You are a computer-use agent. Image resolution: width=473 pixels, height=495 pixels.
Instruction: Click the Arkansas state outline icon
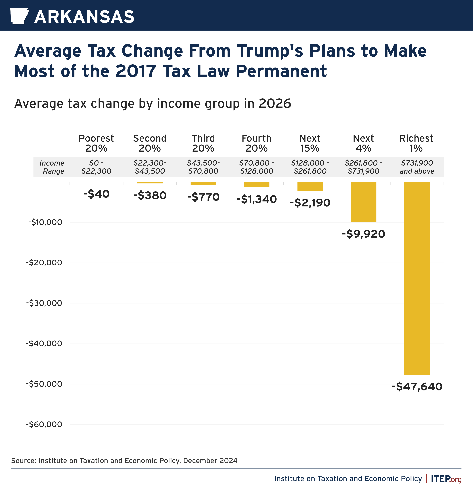pyautogui.click(x=19, y=16)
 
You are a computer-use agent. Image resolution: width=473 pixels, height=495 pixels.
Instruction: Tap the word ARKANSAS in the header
pyautogui.click(x=84, y=17)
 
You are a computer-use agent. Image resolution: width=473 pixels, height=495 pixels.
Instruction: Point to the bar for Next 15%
pyautogui.click(x=310, y=186)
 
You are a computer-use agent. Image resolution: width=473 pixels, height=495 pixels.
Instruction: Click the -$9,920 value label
pyautogui.click(x=363, y=234)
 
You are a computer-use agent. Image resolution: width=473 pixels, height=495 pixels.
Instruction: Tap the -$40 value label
pyautogui.click(x=96, y=194)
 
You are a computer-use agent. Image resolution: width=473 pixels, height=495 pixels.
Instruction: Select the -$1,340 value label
pyautogui.click(x=256, y=199)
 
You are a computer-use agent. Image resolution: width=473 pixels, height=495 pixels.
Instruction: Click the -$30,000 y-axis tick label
pyautogui.click(x=44, y=303)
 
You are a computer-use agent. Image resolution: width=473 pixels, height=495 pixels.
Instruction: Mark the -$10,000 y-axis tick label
pyautogui.click(x=45, y=222)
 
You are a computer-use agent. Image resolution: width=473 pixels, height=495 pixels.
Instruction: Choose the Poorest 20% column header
pyautogui.click(x=96, y=143)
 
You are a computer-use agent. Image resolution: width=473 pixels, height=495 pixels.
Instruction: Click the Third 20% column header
pyautogui.click(x=203, y=143)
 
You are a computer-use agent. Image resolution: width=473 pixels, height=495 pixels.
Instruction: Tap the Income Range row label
pyautogui.click(x=52, y=167)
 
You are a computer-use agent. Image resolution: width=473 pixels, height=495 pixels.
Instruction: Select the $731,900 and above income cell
pyautogui.click(x=417, y=167)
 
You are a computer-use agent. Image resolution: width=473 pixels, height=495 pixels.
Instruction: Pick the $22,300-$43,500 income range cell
pyautogui.click(x=150, y=167)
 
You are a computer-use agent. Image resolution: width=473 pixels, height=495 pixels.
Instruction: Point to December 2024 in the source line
pyautogui.click(x=210, y=461)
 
